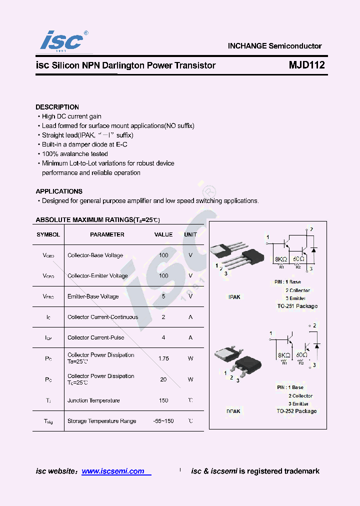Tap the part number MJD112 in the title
click(306, 65)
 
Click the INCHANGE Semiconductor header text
click(274, 46)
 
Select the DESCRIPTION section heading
click(57, 107)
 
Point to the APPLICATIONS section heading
click(59, 191)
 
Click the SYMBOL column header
click(48, 234)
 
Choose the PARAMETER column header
click(107, 234)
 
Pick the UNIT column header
click(190, 234)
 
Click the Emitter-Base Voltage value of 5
click(163, 296)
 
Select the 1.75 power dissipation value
click(163, 358)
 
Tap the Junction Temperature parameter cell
click(93, 400)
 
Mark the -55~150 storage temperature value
click(163, 421)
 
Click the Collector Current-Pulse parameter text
click(96, 337)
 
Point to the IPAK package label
click(234, 297)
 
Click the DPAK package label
click(234, 411)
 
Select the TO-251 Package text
click(297, 306)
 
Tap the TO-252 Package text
click(296, 411)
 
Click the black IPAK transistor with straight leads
click(250, 257)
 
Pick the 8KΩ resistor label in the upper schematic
click(281, 259)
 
